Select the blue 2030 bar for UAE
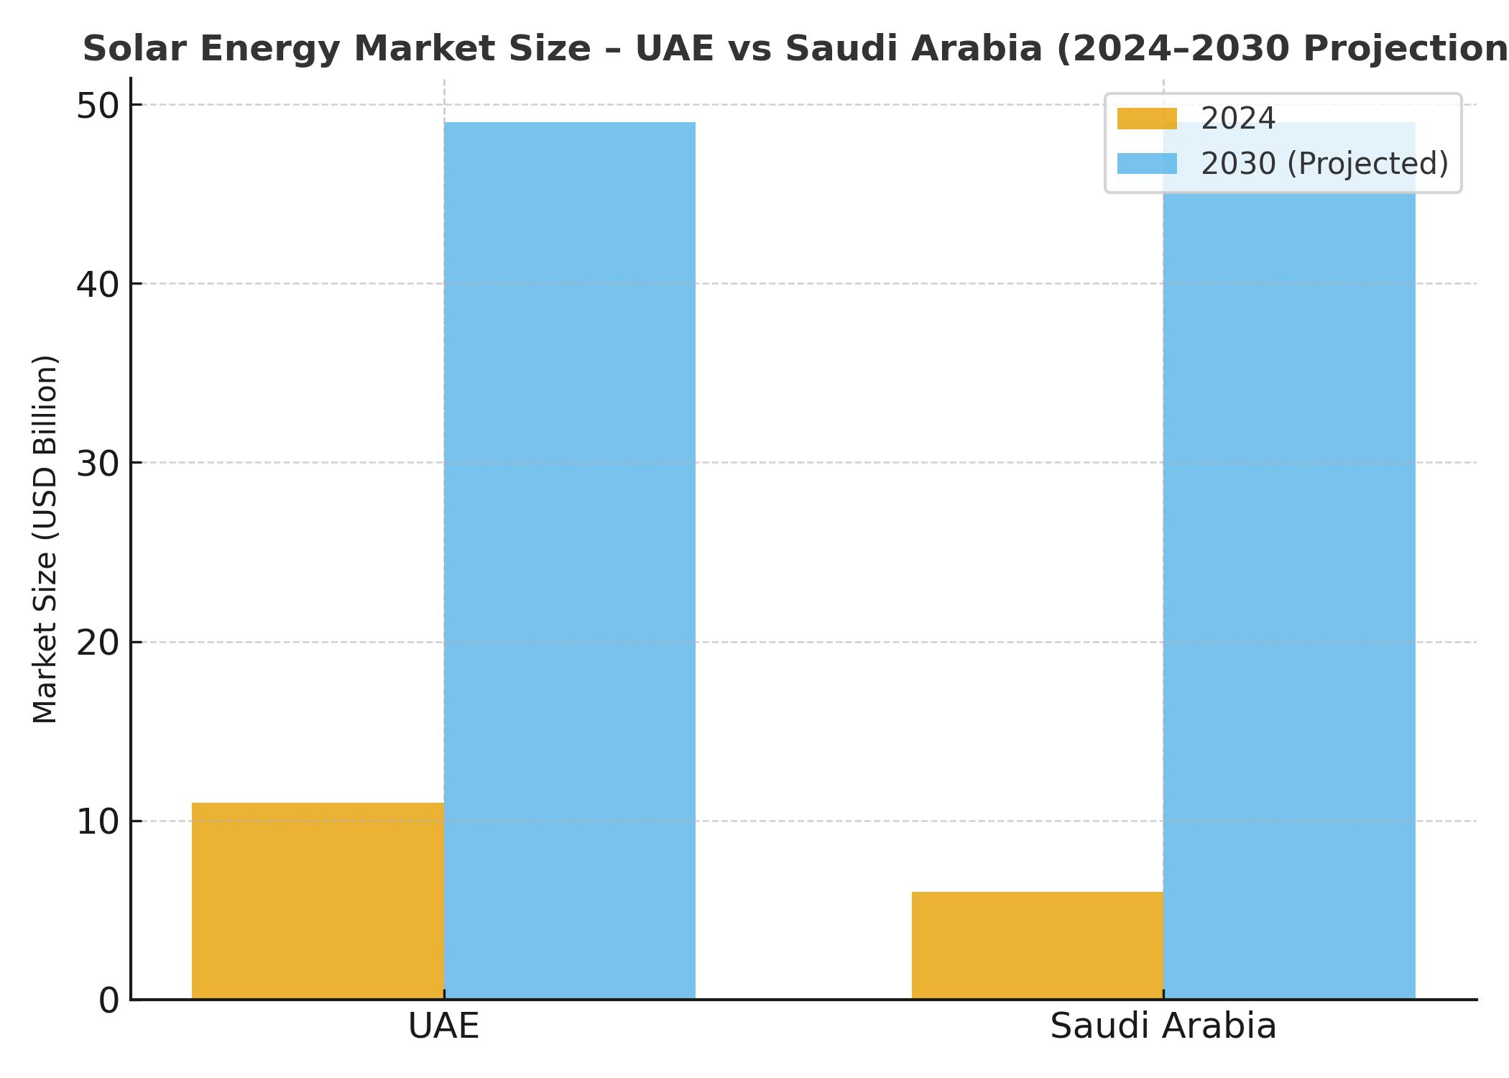tap(570, 561)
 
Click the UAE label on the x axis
tap(443, 1026)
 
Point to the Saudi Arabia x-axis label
tap(1163, 1026)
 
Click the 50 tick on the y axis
tap(98, 106)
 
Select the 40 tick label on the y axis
tap(98, 285)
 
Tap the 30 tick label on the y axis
tap(98, 464)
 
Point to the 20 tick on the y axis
tap(98, 643)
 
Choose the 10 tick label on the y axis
tap(98, 822)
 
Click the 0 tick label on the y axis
tap(109, 1000)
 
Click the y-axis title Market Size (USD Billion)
tap(45, 539)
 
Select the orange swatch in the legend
tap(1147, 119)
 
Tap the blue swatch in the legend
tap(1147, 164)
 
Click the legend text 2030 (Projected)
tap(1324, 164)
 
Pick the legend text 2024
tap(1238, 119)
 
